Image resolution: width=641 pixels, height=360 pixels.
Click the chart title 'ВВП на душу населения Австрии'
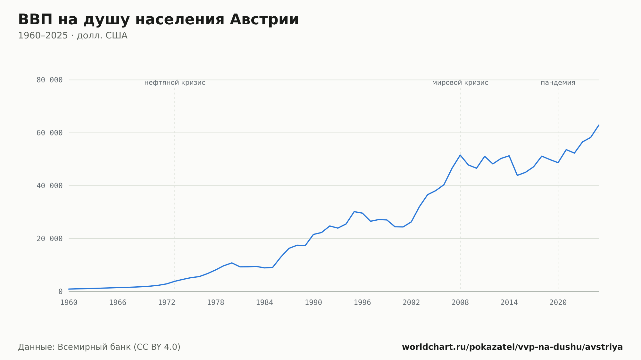158,20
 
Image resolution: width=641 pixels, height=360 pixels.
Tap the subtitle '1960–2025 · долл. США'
73,36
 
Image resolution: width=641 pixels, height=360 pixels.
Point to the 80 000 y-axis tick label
49,80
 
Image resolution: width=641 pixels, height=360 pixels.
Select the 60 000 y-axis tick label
49,133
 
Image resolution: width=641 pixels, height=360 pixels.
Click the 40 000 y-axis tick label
49,186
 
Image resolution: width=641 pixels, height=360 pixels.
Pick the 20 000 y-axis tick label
49,239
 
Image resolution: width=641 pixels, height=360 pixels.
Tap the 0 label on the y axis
60,291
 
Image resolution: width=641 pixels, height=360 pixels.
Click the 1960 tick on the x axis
69,303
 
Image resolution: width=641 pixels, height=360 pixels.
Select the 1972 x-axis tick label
167,303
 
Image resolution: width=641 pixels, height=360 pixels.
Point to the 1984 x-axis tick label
264,303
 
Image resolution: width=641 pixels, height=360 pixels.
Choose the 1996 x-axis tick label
362,303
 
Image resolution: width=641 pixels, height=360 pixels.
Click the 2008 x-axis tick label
460,303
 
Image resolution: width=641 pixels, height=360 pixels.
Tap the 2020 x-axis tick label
558,303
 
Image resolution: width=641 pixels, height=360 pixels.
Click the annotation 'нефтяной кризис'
175,83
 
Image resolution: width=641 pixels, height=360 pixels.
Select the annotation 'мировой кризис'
460,83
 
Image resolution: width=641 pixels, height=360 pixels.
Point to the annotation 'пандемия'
558,83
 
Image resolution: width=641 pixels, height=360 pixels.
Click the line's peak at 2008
460,155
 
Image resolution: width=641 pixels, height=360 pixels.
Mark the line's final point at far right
599,125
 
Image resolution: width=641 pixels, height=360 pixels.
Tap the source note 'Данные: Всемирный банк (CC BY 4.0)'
99,347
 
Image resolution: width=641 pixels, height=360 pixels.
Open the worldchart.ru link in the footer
512,347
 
